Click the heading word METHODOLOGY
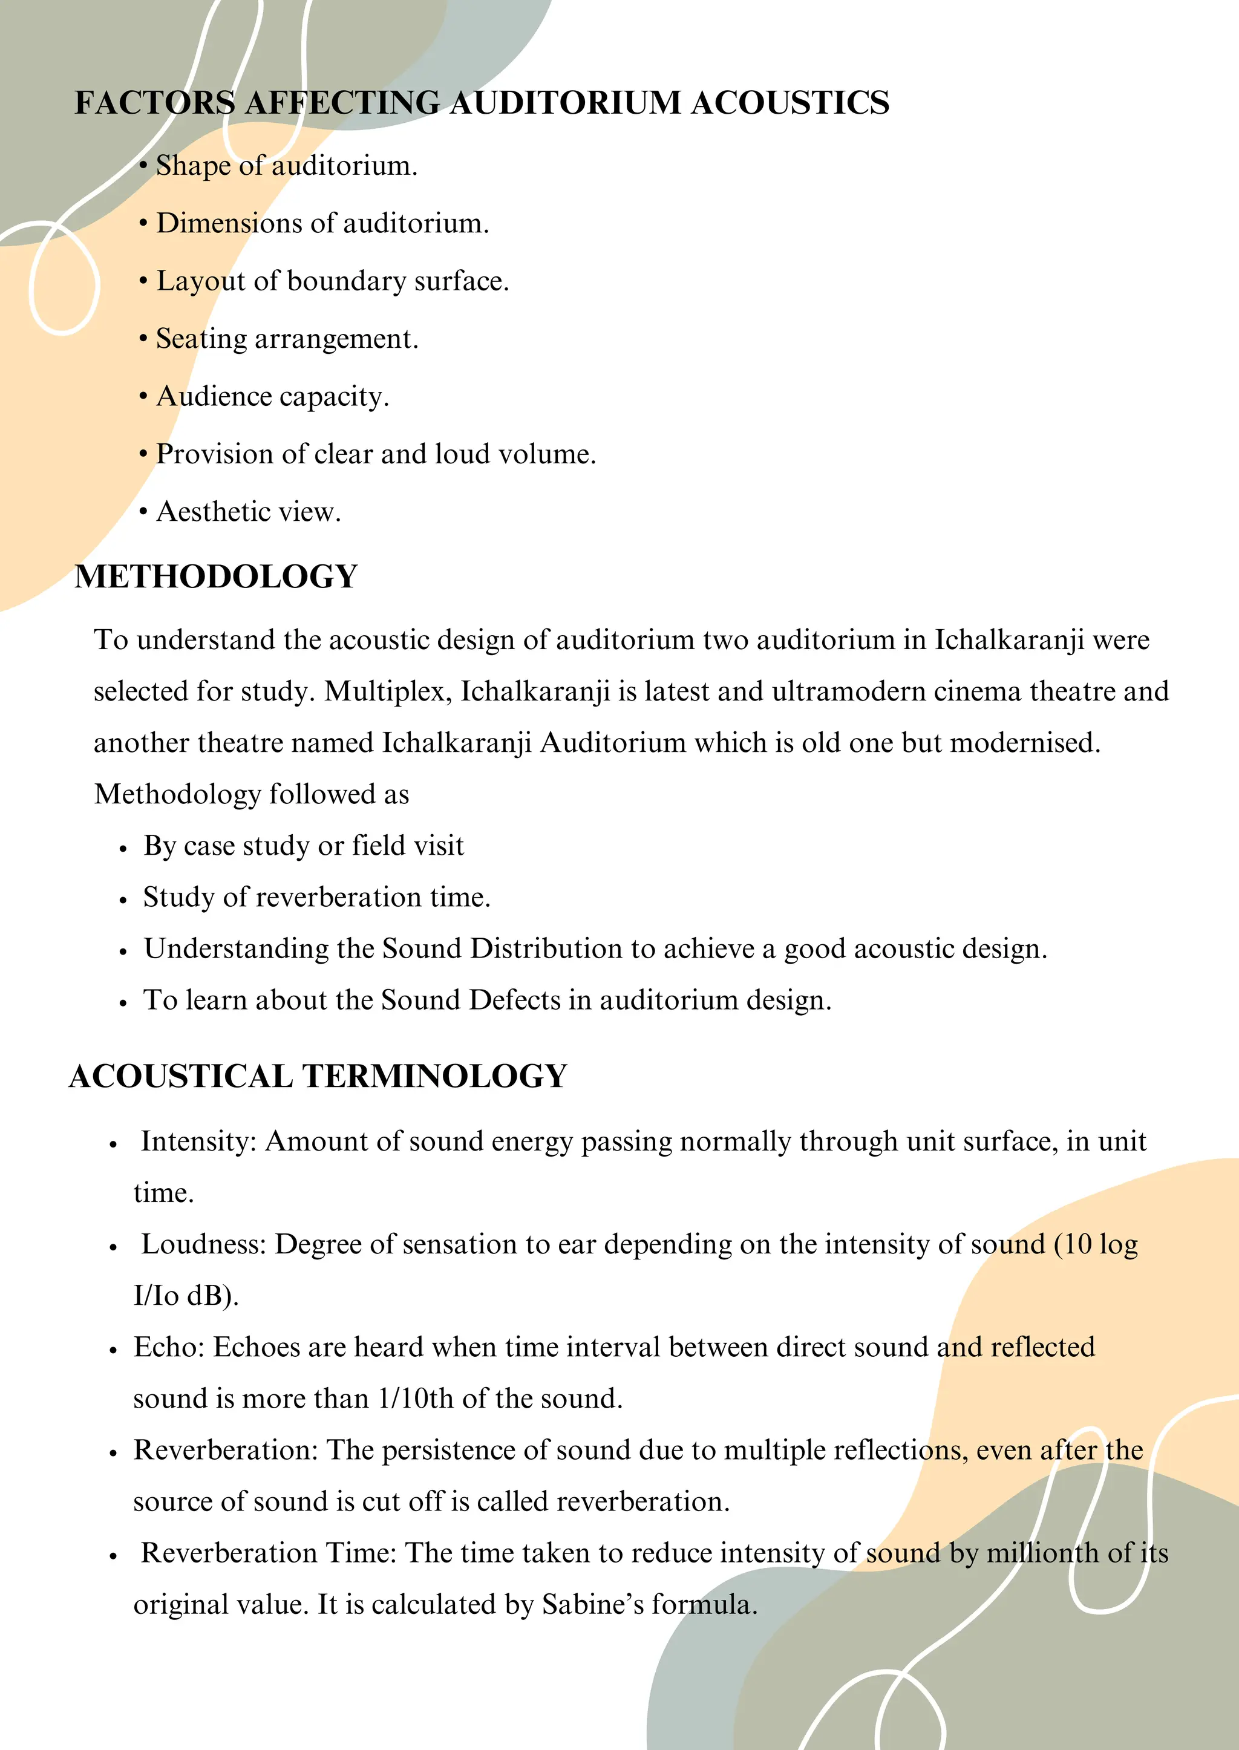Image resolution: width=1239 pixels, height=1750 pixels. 216,576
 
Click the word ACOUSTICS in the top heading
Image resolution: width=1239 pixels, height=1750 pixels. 789,103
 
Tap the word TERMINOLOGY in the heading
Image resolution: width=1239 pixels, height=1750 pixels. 435,1076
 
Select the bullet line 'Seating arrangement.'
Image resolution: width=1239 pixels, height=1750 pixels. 287,339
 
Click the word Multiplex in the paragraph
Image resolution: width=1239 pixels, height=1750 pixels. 388,691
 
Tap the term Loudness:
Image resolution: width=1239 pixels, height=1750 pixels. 203,1244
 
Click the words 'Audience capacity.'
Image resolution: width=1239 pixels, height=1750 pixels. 272,397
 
